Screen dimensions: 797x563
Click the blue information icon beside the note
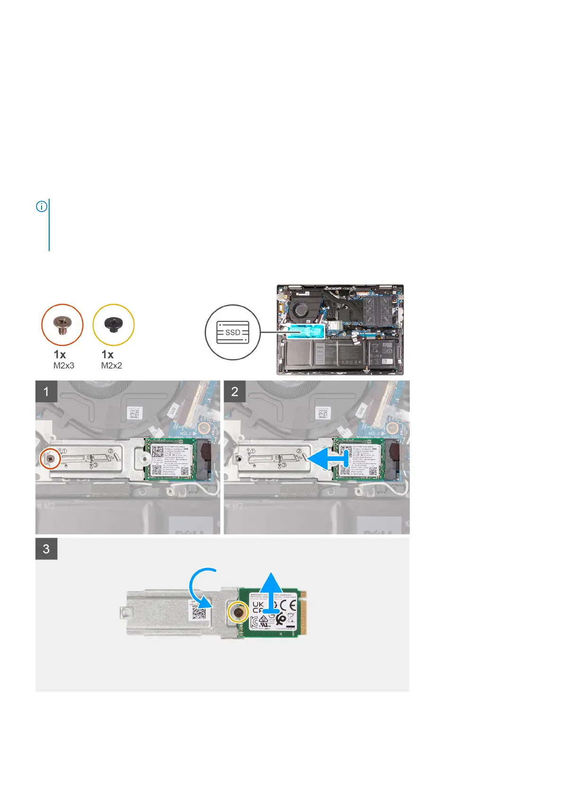tap(42, 207)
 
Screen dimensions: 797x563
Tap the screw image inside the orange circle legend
tap(62, 325)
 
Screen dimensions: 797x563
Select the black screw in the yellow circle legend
tap(113, 324)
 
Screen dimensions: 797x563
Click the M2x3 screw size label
tap(64, 365)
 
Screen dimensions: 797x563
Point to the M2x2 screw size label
tap(112, 365)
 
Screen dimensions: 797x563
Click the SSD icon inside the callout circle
tap(232, 332)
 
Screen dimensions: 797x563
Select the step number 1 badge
tap(46, 392)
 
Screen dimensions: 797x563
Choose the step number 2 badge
tap(234, 392)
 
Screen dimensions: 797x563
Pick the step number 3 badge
tap(46, 549)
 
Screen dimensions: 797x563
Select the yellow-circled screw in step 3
tap(237, 612)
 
